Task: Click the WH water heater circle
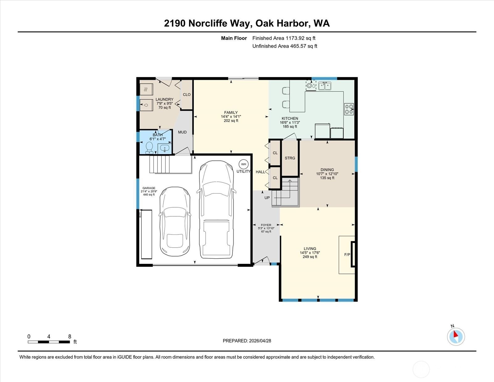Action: [244, 164]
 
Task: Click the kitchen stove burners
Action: [349, 109]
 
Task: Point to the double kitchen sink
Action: [324, 86]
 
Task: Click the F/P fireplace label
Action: [347, 255]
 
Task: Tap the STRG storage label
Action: [290, 158]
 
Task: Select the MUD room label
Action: [182, 132]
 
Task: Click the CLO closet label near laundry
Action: [187, 95]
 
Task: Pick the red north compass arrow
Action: [456, 334]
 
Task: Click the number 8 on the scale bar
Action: [69, 337]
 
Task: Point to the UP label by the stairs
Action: [267, 198]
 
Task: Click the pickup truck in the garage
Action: [216, 210]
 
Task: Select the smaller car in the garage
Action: [175, 222]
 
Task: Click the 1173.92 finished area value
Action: [295, 38]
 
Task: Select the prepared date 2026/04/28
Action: [260, 341]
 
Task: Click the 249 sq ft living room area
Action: [310, 257]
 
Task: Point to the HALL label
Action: [260, 172]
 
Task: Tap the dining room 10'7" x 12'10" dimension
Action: [327, 174]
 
